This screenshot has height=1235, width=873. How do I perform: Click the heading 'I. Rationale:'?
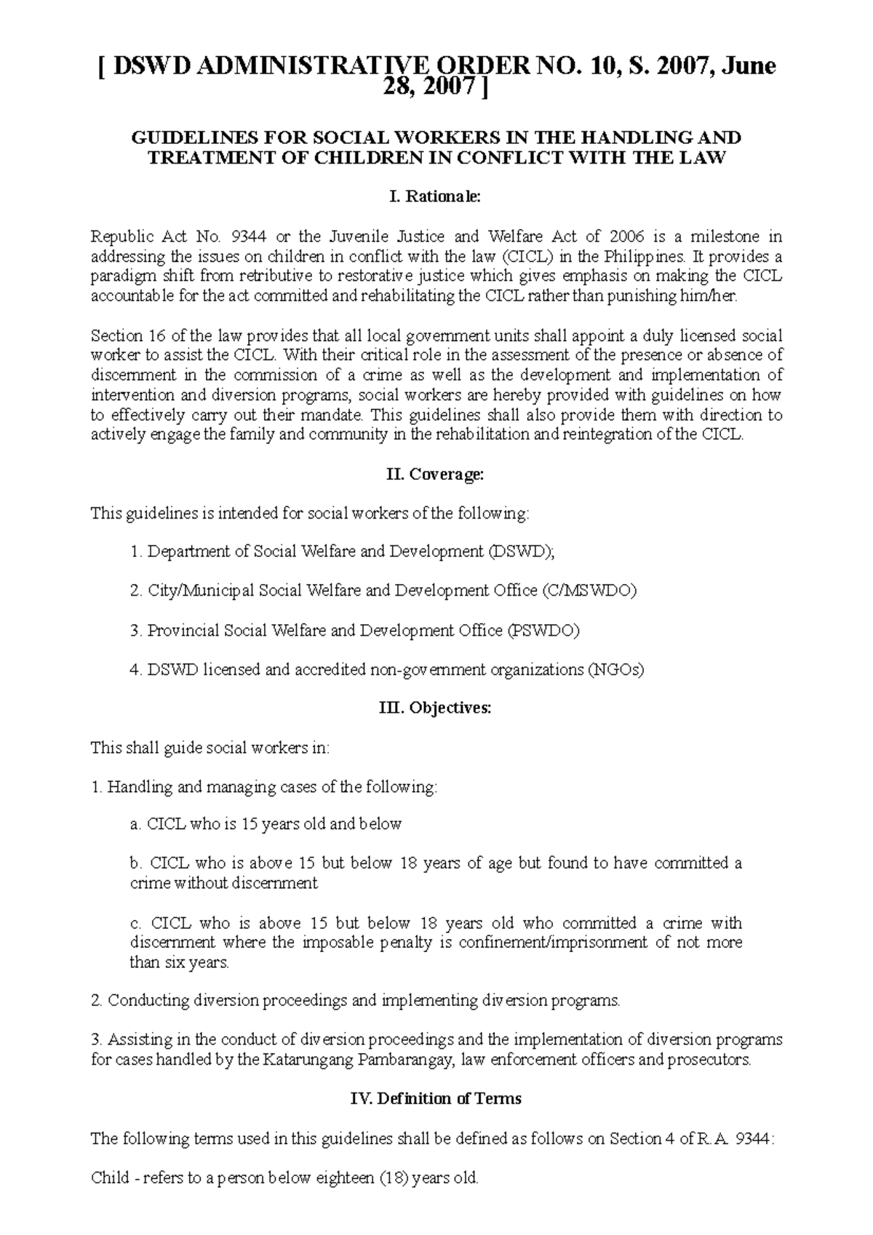point(436,196)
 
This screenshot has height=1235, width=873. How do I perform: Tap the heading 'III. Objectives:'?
point(436,708)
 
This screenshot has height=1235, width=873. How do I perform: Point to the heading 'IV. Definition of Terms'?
point(436,1098)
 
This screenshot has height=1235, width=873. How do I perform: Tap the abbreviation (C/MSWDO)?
point(589,591)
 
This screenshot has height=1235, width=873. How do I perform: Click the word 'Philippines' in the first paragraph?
point(648,257)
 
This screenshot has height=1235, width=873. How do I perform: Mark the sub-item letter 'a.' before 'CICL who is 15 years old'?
point(135,824)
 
